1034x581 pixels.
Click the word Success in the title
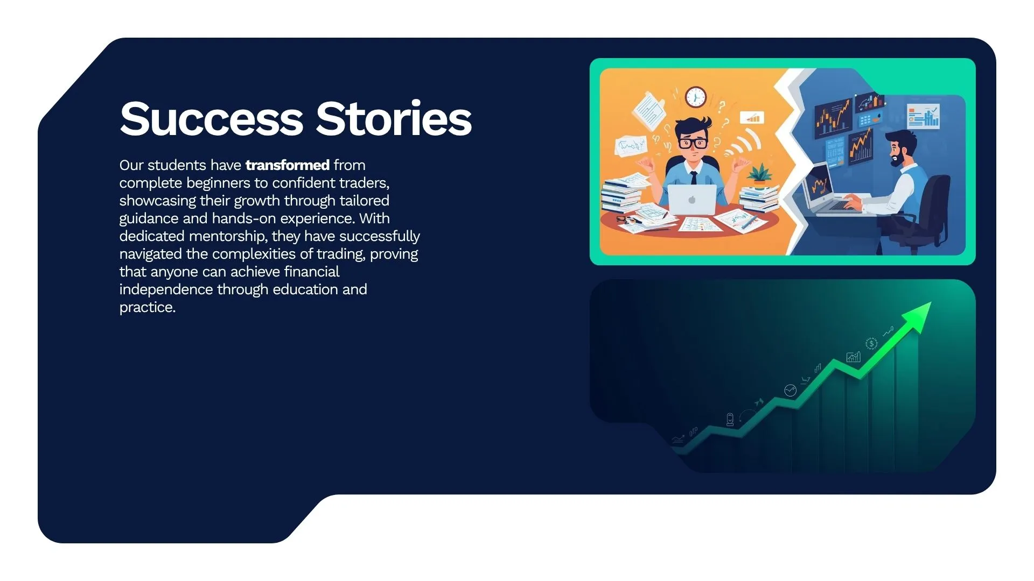point(211,119)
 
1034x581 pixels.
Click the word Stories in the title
point(394,119)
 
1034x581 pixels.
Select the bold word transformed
point(287,165)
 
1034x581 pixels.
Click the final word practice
point(147,307)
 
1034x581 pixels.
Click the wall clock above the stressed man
point(695,97)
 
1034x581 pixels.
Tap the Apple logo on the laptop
point(692,200)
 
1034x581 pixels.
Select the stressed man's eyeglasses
point(693,143)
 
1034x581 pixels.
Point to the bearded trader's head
point(901,146)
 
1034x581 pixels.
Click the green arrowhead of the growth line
point(918,315)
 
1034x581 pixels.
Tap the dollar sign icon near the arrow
point(871,344)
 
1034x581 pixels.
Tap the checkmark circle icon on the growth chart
point(790,390)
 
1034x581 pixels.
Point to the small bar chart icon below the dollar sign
point(853,357)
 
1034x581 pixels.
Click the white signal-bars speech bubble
point(752,118)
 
